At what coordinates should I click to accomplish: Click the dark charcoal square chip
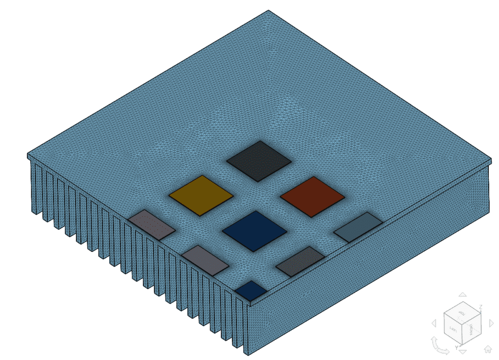pos(259,161)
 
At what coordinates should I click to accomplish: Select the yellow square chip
pos(201,195)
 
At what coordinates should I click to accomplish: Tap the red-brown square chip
pos(312,196)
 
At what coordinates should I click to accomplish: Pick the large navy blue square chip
pos(255,231)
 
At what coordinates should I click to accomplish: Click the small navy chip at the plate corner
pos(250,290)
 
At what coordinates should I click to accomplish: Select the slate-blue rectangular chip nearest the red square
pos(358,227)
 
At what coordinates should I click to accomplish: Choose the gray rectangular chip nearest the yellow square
pos(152,225)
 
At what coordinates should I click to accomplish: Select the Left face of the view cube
pos(453,330)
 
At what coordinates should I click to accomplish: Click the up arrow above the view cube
pos(463,295)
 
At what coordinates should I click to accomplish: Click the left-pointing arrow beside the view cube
pos(434,323)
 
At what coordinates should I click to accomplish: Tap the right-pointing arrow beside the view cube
pos(492,322)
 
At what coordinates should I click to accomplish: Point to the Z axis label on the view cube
pos(480,307)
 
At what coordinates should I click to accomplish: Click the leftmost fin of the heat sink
pos(35,188)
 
